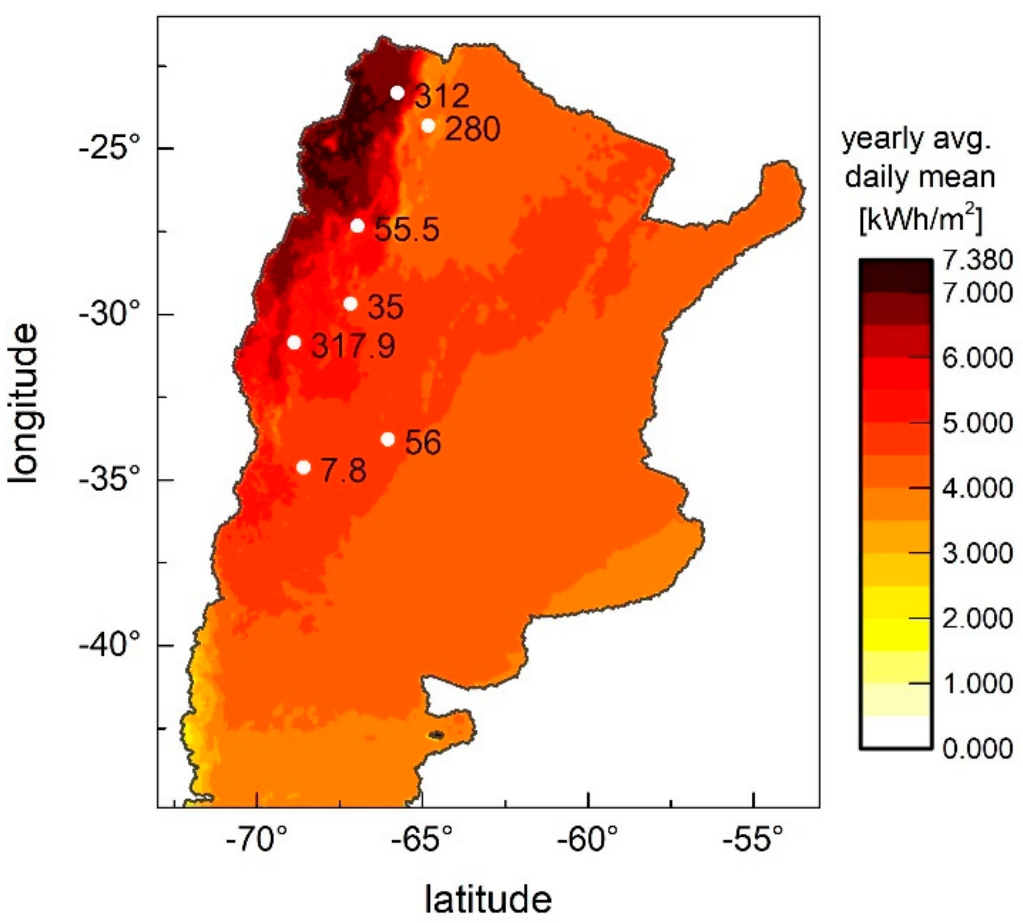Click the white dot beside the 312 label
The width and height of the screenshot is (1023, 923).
(x=397, y=93)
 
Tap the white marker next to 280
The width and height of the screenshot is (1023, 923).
(x=428, y=125)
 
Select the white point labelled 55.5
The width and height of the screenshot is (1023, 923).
(x=358, y=226)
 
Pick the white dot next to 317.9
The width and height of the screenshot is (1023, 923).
(x=294, y=342)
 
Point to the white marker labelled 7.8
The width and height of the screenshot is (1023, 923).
(x=303, y=467)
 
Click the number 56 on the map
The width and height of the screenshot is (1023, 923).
(x=423, y=442)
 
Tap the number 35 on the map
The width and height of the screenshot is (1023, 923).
(x=385, y=307)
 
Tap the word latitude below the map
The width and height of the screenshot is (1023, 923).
(x=488, y=899)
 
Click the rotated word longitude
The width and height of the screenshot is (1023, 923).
(x=24, y=404)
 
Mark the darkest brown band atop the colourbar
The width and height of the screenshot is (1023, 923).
(x=895, y=276)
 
